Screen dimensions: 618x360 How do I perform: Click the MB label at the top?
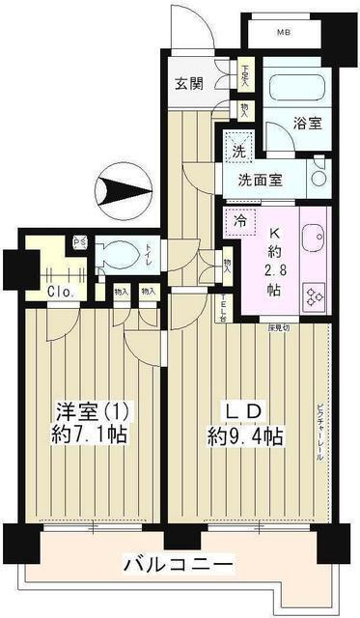[283, 33]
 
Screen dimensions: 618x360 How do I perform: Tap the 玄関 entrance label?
[189, 84]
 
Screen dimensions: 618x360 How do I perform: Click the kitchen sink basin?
[315, 238]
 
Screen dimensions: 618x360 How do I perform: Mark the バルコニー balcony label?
[178, 563]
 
